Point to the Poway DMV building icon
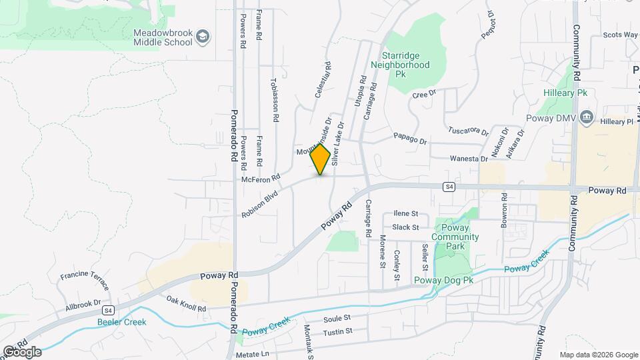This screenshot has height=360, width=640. point(587,118)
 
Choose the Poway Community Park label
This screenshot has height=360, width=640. point(455,237)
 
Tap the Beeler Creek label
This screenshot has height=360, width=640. point(122,322)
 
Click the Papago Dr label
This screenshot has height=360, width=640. point(409,138)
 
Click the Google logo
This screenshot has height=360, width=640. point(23,351)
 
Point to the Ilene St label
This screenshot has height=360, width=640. point(405,214)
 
